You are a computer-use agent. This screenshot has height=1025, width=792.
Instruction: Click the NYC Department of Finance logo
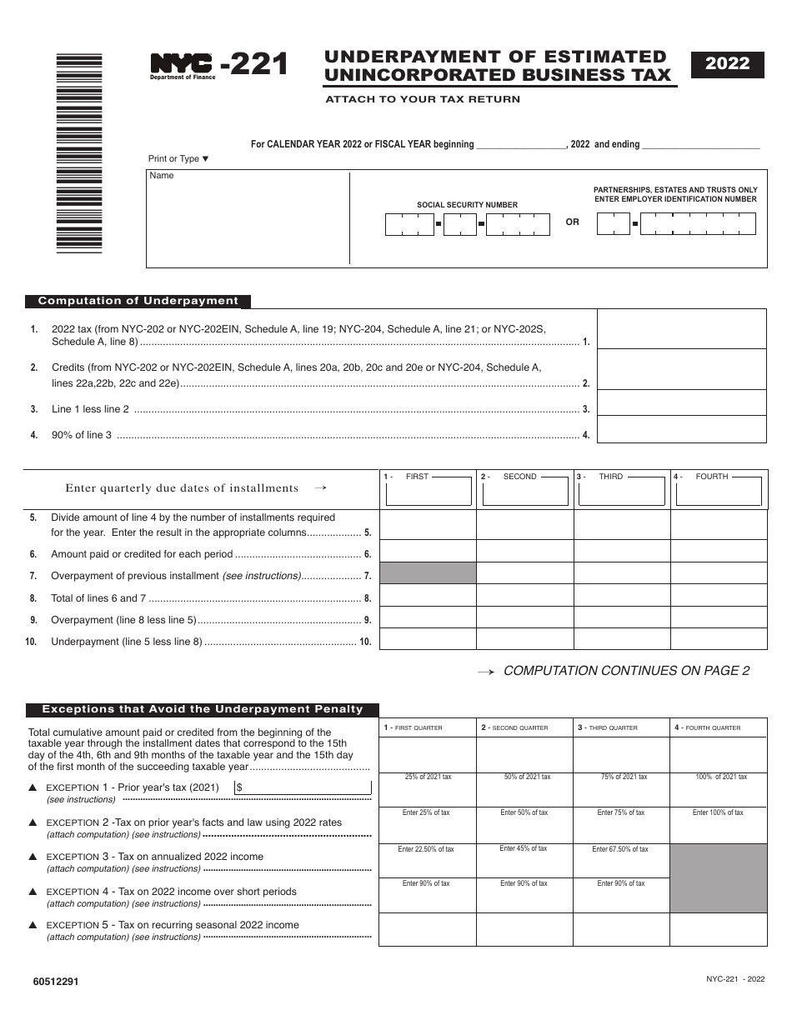[x=183, y=66]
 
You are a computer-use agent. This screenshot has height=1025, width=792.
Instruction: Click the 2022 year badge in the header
[x=727, y=64]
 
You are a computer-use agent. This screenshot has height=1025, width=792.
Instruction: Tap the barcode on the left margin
[x=78, y=152]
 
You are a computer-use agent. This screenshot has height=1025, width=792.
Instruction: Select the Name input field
[x=248, y=220]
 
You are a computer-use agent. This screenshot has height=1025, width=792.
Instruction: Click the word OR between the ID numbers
[x=572, y=222]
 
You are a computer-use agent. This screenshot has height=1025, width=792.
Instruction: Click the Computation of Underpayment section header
[x=138, y=302]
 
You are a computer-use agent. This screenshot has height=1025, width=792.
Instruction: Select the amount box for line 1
[x=681, y=329]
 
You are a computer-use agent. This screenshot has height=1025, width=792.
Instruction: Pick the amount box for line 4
[x=681, y=429]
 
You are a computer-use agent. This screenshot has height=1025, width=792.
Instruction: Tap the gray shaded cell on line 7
[x=428, y=573]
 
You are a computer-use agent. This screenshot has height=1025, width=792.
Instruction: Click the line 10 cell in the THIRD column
[x=621, y=639]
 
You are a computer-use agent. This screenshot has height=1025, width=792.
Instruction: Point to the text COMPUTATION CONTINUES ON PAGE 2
[x=626, y=671]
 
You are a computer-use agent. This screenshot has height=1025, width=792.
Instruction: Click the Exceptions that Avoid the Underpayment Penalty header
[x=203, y=709]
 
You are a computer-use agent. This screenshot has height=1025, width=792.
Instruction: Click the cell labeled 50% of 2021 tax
[x=524, y=789]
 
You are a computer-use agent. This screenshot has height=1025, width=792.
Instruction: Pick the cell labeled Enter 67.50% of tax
[x=621, y=860]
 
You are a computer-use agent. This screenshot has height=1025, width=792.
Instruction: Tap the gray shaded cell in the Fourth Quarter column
[x=718, y=877]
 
